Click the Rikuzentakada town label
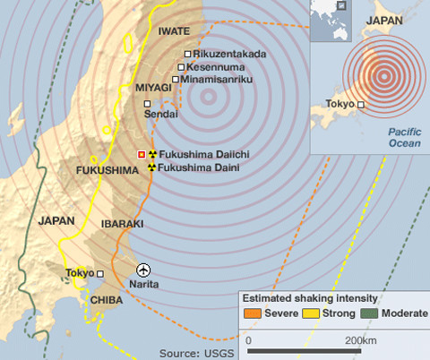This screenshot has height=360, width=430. (229, 55)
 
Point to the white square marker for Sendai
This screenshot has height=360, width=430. (150, 103)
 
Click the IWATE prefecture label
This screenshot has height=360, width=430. (173, 31)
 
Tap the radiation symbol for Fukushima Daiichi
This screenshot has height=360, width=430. (152, 154)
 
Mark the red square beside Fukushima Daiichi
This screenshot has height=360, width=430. (141, 155)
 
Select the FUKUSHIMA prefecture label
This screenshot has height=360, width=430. (105, 170)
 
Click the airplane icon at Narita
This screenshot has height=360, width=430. (142, 269)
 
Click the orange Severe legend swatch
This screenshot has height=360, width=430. (252, 313)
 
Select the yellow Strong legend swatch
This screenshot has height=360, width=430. (309, 313)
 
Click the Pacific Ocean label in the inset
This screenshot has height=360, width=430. (404, 137)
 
